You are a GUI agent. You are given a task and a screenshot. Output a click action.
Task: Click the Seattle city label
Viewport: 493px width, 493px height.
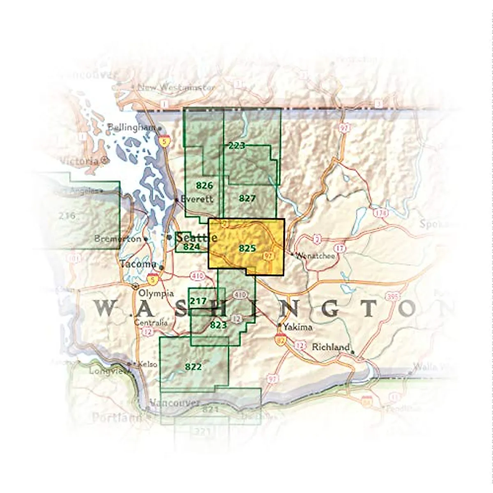(197, 237)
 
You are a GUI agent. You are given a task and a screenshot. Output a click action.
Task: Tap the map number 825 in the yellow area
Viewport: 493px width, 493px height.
(247, 248)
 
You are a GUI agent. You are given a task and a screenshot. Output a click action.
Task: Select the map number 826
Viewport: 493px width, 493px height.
(204, 185)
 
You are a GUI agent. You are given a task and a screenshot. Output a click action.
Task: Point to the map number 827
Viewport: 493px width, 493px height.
(247, 198)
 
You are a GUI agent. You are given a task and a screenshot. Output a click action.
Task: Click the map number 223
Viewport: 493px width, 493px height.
(237, 145)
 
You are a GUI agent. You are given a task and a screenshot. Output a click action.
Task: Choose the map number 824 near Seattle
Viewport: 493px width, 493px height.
(191, 247)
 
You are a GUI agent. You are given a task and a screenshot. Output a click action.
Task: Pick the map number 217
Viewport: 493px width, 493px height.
(198, 301)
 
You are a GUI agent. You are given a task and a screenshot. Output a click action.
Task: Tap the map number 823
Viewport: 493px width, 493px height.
(218, 325)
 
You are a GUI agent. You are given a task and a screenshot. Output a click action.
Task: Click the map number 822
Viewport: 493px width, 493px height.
(193, 366)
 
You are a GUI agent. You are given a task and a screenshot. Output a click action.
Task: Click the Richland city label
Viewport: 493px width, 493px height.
(331, 347)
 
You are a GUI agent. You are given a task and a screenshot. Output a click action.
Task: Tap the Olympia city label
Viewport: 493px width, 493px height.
(156, 293)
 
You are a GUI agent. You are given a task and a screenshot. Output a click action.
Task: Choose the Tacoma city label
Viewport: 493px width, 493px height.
(138, 264)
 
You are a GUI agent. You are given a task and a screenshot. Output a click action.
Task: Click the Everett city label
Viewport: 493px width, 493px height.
(197, 199)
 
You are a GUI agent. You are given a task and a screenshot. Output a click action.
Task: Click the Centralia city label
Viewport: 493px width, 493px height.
(151, 323)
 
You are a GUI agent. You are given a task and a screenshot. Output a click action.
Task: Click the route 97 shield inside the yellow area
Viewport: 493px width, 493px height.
(268, 256)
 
